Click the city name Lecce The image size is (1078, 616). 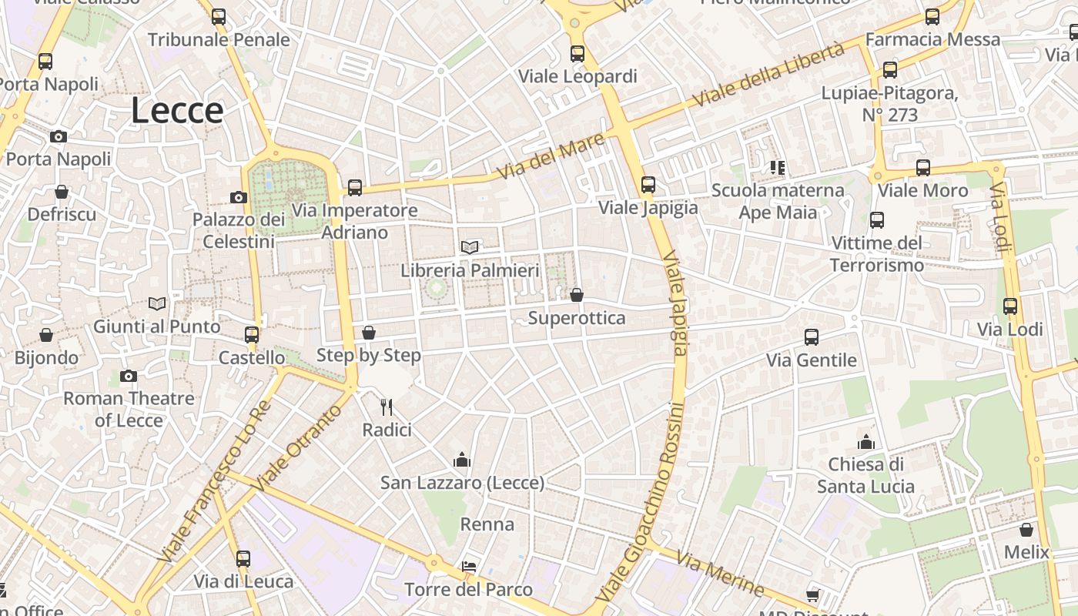[177, 111]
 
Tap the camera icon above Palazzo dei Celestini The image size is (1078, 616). [239, 197]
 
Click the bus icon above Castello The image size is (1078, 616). [252, 335]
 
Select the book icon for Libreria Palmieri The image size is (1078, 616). [470, 247]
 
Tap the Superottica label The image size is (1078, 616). [577, 318]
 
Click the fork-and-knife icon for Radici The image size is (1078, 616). [387, 407]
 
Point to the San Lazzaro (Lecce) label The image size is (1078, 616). [462, 483]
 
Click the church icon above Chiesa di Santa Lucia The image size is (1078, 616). [866, 442]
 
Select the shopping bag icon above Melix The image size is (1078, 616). [1026, 530]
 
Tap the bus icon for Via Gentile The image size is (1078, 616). [812, 337]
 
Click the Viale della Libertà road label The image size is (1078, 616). [768, 75]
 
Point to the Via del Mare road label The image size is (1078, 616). [550, 156]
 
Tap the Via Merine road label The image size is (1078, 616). [719, 574]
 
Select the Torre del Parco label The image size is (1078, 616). [468, 590]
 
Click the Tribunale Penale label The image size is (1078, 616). [219, 39]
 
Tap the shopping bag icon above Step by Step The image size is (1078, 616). [369, 333]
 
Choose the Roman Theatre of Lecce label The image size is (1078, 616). [129, 409]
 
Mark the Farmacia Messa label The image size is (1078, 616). [932, 39]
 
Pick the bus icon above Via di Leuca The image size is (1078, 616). [243, 559]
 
